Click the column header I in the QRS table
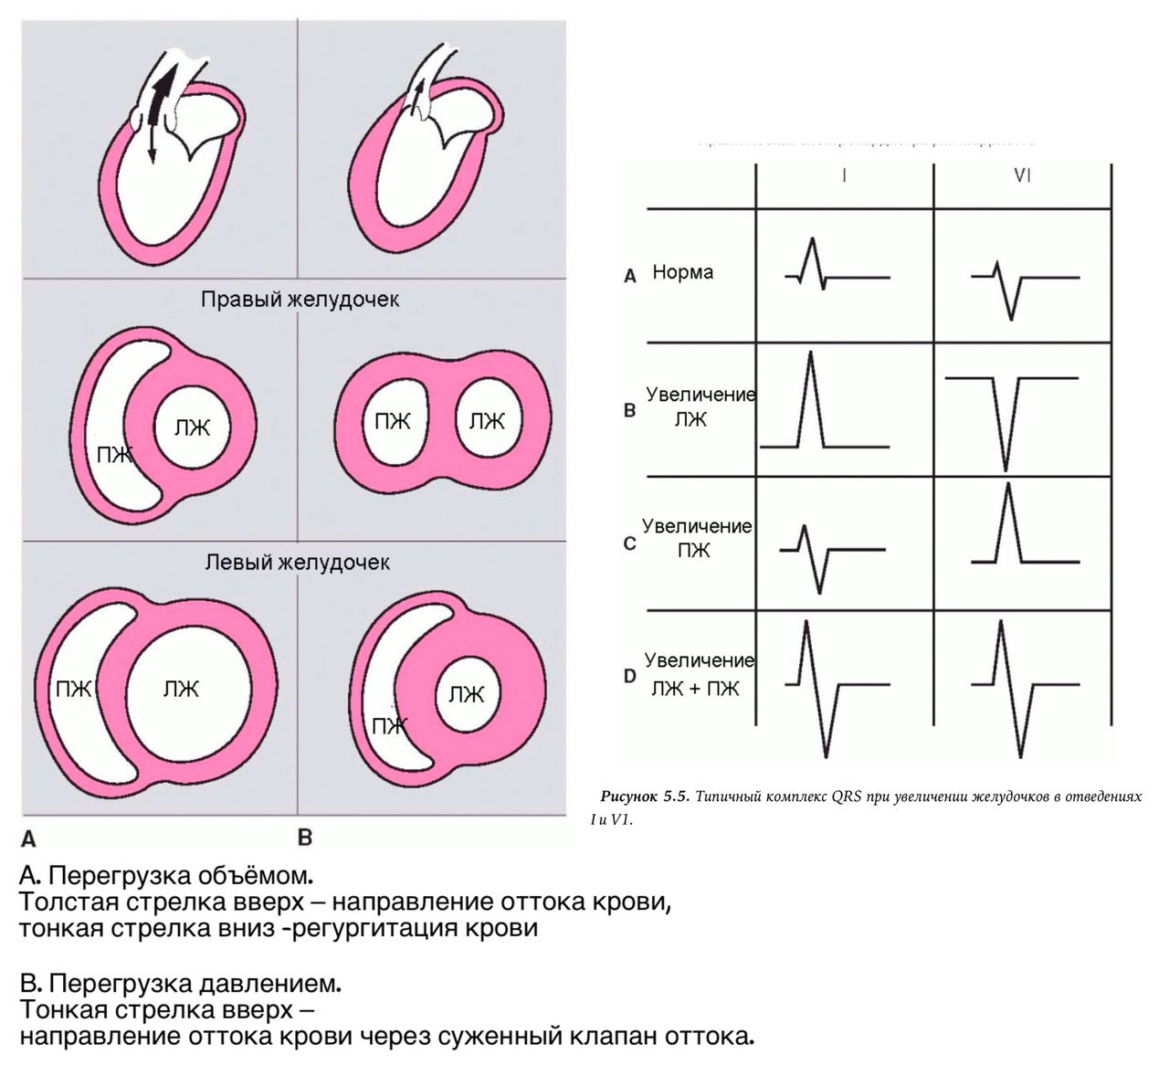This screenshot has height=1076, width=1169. pos(844,175)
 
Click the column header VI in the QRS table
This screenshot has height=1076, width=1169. pos(1022,175)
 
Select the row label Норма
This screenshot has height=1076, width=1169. pos(683,272)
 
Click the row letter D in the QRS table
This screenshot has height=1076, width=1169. pos(629,677)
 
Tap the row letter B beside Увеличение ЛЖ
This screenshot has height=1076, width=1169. pos(629,410)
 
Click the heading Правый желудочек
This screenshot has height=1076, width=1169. pos(300,300)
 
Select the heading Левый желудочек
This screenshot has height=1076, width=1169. pos(297,562)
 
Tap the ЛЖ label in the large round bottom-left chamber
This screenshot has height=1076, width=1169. pos(181,689)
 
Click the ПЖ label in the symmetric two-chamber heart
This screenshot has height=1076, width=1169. pos(393,421)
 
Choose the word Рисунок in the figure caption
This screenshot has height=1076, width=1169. pos(627,796)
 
